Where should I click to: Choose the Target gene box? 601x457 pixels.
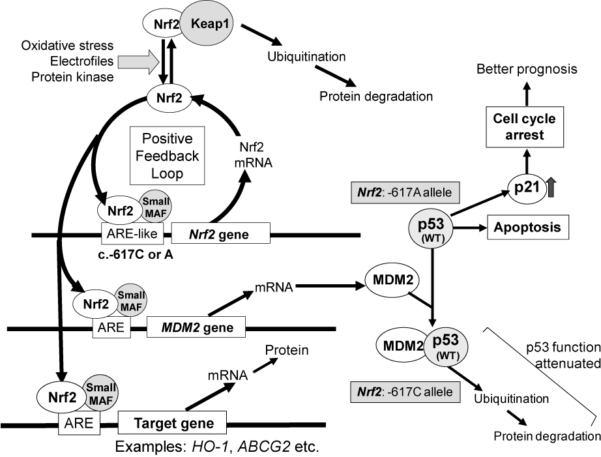[172, 422]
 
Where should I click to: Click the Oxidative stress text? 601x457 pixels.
[68, 46]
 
